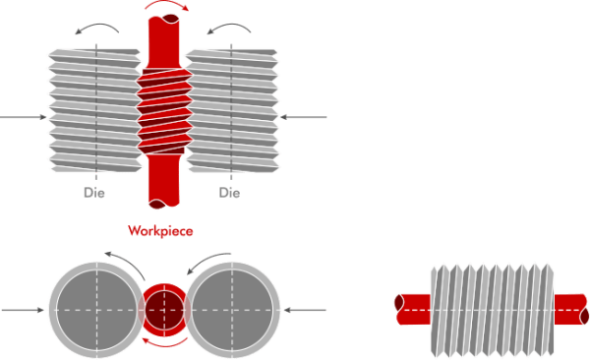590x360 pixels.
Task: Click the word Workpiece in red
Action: coord(159,231)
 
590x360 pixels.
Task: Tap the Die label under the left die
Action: coord(94,194)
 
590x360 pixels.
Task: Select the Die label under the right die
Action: coord(229,194)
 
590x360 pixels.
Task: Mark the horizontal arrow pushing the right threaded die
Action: coord(305,118)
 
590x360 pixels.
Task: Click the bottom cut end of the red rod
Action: coord(162,205)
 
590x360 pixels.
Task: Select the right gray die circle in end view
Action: coord(232,310)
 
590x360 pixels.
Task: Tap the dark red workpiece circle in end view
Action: coord(163,310)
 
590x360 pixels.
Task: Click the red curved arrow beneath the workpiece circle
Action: coord(163,343)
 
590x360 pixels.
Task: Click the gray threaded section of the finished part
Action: coord(493,310)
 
